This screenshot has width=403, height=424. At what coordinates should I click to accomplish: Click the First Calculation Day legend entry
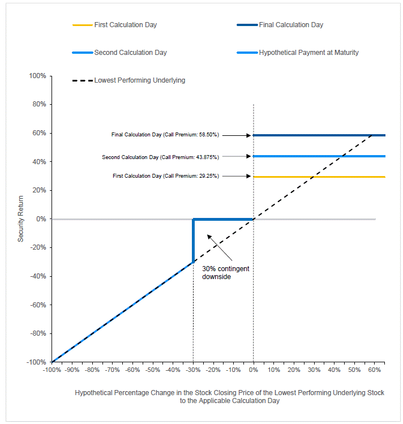pos(114,25)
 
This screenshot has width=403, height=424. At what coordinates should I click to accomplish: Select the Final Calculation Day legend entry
pos(280,25)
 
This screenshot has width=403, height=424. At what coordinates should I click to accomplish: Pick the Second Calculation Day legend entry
pos(119,53)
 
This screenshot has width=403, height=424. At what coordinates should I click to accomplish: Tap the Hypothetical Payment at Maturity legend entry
pos(298,53)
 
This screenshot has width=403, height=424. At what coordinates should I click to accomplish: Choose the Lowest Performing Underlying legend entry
pos(128,80)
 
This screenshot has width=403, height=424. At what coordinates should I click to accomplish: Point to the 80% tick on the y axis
pos(39,104)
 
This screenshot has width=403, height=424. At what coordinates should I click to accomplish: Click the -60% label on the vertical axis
pos(38,305)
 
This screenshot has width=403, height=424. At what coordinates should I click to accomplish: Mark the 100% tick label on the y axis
pos(37,76)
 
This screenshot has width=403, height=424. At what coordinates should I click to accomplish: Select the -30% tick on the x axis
pos(193,370)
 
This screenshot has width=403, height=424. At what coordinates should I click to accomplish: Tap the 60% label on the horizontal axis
pos(374,370)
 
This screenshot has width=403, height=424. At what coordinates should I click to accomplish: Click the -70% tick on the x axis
pos(112,370)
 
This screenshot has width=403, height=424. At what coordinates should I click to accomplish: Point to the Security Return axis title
pos(20,219)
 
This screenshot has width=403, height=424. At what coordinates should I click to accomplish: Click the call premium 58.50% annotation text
pos(165,135)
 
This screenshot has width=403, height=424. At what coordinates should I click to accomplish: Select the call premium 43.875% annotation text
pos(160,157)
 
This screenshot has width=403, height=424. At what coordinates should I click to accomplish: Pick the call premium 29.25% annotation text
pos(166,176)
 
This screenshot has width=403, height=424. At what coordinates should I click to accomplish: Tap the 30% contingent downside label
pos(226,273)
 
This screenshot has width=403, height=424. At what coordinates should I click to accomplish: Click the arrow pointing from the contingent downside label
pos(220,247)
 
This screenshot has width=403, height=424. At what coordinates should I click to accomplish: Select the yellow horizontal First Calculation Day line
pos(319,177)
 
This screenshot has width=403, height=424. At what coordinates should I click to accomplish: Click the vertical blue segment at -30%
pos(193,241)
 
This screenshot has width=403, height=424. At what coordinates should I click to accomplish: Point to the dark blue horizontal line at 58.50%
pos(319,135)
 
